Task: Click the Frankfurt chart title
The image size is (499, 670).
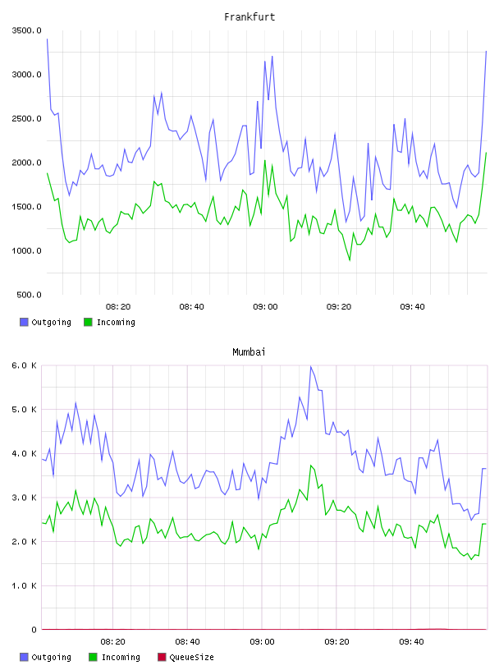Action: pos(249,17)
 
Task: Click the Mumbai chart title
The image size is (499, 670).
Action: pos(249,352)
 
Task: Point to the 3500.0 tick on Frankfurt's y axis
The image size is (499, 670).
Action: pos(26,30)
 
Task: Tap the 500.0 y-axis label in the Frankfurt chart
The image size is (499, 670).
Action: pos(29,295)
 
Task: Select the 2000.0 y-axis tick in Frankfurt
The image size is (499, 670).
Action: pos(26,163)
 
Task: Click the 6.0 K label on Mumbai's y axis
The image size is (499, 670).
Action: pos(24,365)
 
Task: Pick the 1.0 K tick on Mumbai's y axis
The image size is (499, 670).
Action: pos(24,585)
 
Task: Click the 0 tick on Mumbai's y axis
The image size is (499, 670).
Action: pos(34,630)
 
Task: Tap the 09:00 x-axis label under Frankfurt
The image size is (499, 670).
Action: pos(265,307)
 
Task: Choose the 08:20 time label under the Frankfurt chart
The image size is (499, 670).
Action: pos(118,307)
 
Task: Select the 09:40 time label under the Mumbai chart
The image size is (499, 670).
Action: pos(411,642)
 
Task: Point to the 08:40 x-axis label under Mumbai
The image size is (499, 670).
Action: pos(188,642)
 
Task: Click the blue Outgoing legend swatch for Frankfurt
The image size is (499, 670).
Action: pos(24,322)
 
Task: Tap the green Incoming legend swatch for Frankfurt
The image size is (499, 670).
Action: pos(88,322)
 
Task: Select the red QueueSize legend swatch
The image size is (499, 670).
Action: pos(162,657)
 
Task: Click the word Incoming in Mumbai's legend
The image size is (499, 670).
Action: pos(121,657)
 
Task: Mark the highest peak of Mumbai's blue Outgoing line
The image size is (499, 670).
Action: pos(310,366)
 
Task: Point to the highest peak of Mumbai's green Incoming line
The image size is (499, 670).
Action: pos(311,466)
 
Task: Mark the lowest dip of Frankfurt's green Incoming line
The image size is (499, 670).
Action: pos(350,259)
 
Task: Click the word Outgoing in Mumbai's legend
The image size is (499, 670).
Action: pos(51,657)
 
